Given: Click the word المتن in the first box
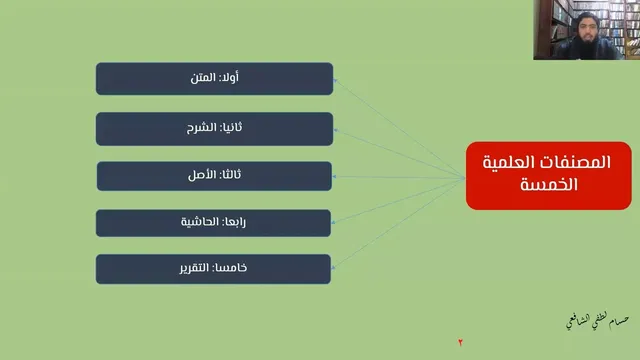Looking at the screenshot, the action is click(x=203, y=78).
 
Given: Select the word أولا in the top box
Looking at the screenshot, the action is click(x=230, y=77).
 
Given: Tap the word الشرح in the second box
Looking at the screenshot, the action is click(x=201, y=128).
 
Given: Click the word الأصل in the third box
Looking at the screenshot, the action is click(x=202, y=175).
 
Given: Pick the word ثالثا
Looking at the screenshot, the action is click(x=231, y=175).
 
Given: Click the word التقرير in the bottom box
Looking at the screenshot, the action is click(x=194, y=268).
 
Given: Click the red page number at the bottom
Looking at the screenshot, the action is click(x=460, y=342).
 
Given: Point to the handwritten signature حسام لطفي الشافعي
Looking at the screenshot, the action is click(x=598, y=320).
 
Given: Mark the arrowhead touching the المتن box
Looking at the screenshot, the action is click(x=335, y=81).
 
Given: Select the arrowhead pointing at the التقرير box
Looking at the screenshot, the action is click(x=333, y=268).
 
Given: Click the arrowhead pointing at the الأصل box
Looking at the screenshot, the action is click(x=334, y=177).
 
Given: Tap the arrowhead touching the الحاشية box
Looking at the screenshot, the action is click(x=333, y=222).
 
